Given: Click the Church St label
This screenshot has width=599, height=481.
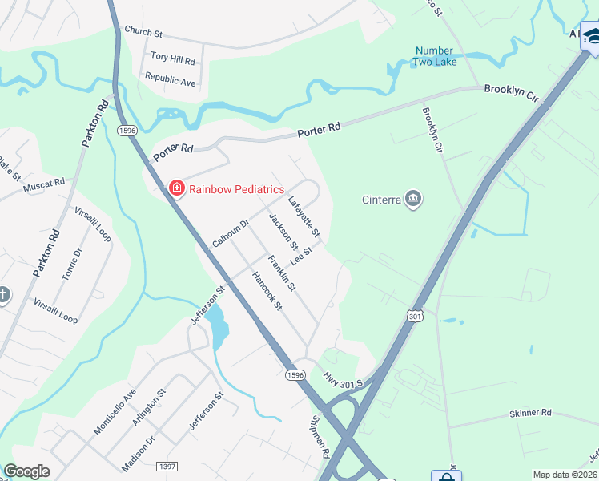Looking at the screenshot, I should pos(143,32).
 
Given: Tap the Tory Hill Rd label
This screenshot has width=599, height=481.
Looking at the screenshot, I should pos(173,60).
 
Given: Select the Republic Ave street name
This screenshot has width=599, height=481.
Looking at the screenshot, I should pos(170,80).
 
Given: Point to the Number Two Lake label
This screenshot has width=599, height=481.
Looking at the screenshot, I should pos(434,57).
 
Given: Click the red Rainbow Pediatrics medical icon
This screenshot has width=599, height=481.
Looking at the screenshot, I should pos(176,189).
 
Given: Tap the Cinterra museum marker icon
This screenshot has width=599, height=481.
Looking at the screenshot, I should pos(413,199).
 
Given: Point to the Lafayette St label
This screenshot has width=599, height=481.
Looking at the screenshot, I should pos(304,216).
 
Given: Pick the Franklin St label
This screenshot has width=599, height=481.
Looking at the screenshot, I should pos(282,273).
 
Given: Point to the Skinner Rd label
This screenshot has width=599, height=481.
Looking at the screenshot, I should pos(530,413).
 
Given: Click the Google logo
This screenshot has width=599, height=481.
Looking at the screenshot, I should pos(27,471).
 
